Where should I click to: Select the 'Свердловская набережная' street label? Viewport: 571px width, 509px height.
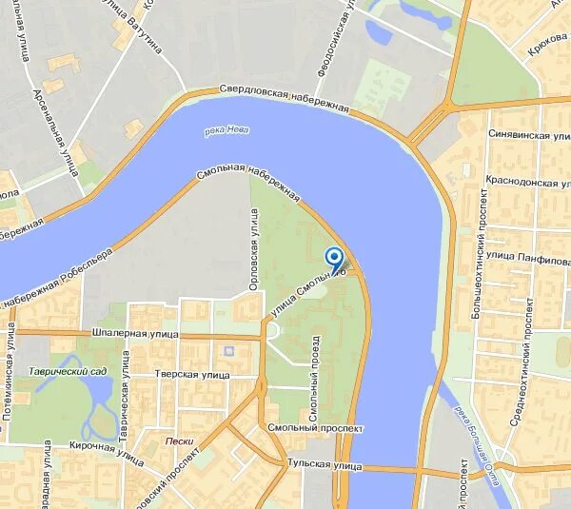point(285,98)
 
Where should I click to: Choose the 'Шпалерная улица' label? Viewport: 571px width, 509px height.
point(137,335)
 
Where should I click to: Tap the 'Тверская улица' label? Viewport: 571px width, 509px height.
point(194,375)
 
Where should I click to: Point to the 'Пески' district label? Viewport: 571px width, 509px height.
point(179,440)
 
